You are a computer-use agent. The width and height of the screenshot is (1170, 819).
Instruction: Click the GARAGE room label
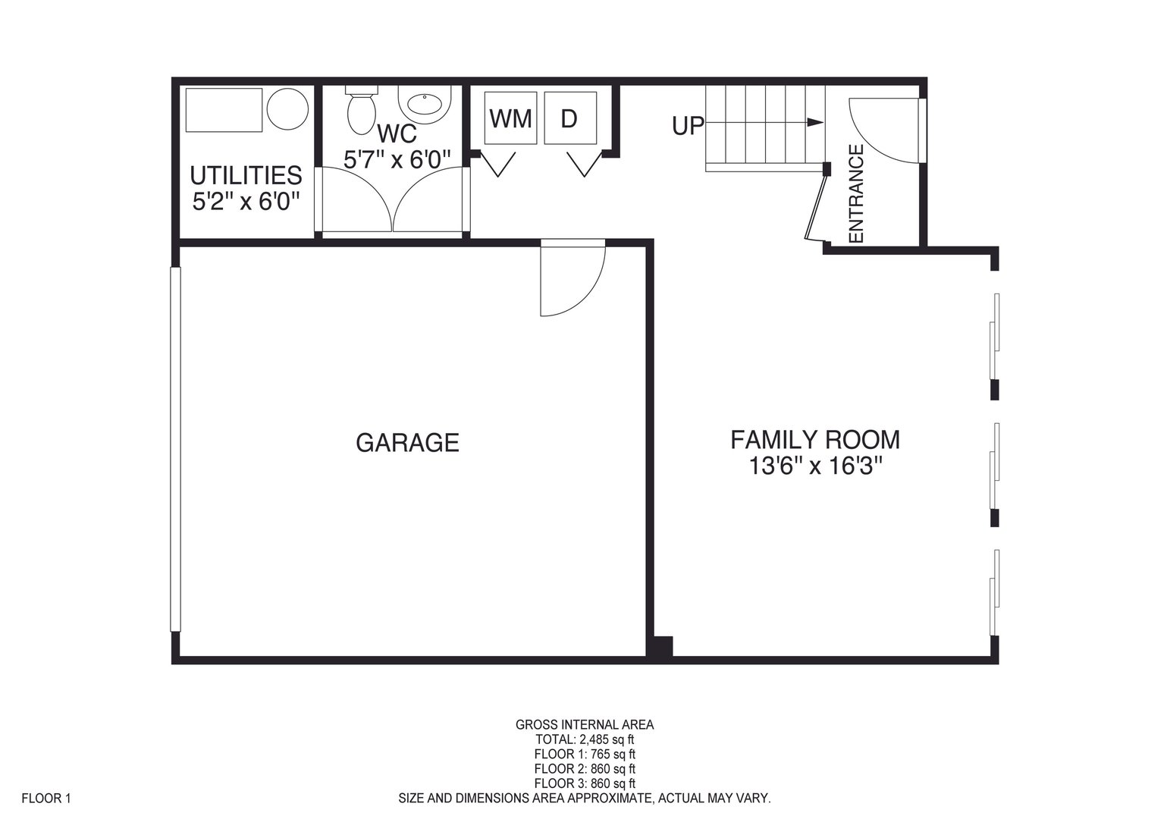click(x=407, y=442)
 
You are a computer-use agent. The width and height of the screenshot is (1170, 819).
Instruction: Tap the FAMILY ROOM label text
click(x=815, y=439)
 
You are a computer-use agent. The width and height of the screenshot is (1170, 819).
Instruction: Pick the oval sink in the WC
click(x=425, y=105)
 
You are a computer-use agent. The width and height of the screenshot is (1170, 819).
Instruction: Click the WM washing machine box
click(x=510, y=118)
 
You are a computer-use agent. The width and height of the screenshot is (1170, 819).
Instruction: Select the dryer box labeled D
click(x=570, y=118)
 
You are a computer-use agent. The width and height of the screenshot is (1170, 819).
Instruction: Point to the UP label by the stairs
click(x=688, y=126)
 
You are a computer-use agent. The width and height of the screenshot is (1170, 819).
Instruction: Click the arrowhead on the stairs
click(x=815, y=122)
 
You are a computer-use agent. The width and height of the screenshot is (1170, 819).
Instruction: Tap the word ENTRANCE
click(x=857, y=194)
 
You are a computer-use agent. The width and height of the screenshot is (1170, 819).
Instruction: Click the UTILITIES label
click(x=246, y=175)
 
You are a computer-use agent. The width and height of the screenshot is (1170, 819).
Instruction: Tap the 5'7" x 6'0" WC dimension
click(x=397, y=159)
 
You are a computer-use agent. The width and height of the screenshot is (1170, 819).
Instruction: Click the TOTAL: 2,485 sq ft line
click(x=585, y=739)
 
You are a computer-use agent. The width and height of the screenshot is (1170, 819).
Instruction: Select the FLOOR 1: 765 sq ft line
click(x=585, y=754)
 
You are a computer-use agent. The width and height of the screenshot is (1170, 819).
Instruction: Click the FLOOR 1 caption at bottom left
click(x=46, y=798)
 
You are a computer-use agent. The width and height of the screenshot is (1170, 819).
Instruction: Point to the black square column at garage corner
click(x=660, y=647)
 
